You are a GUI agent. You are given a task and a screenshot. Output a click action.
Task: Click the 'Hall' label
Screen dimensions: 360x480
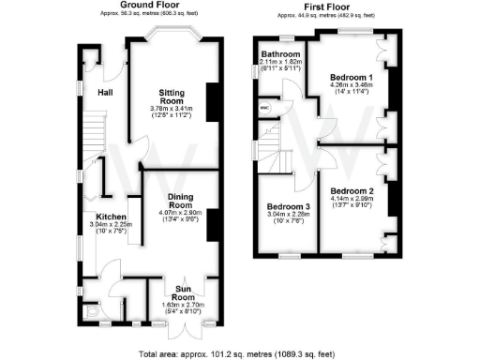[x=105, y=92]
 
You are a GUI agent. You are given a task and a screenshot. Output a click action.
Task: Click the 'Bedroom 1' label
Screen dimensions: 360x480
[x=352, y=76]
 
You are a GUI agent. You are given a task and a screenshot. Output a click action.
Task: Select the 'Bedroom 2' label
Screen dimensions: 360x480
[x=352, y=191]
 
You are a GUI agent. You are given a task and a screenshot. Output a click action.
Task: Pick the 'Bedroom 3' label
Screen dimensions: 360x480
[x=287, y=206]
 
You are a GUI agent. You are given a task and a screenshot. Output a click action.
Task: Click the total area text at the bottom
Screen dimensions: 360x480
[x=239, y=354]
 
